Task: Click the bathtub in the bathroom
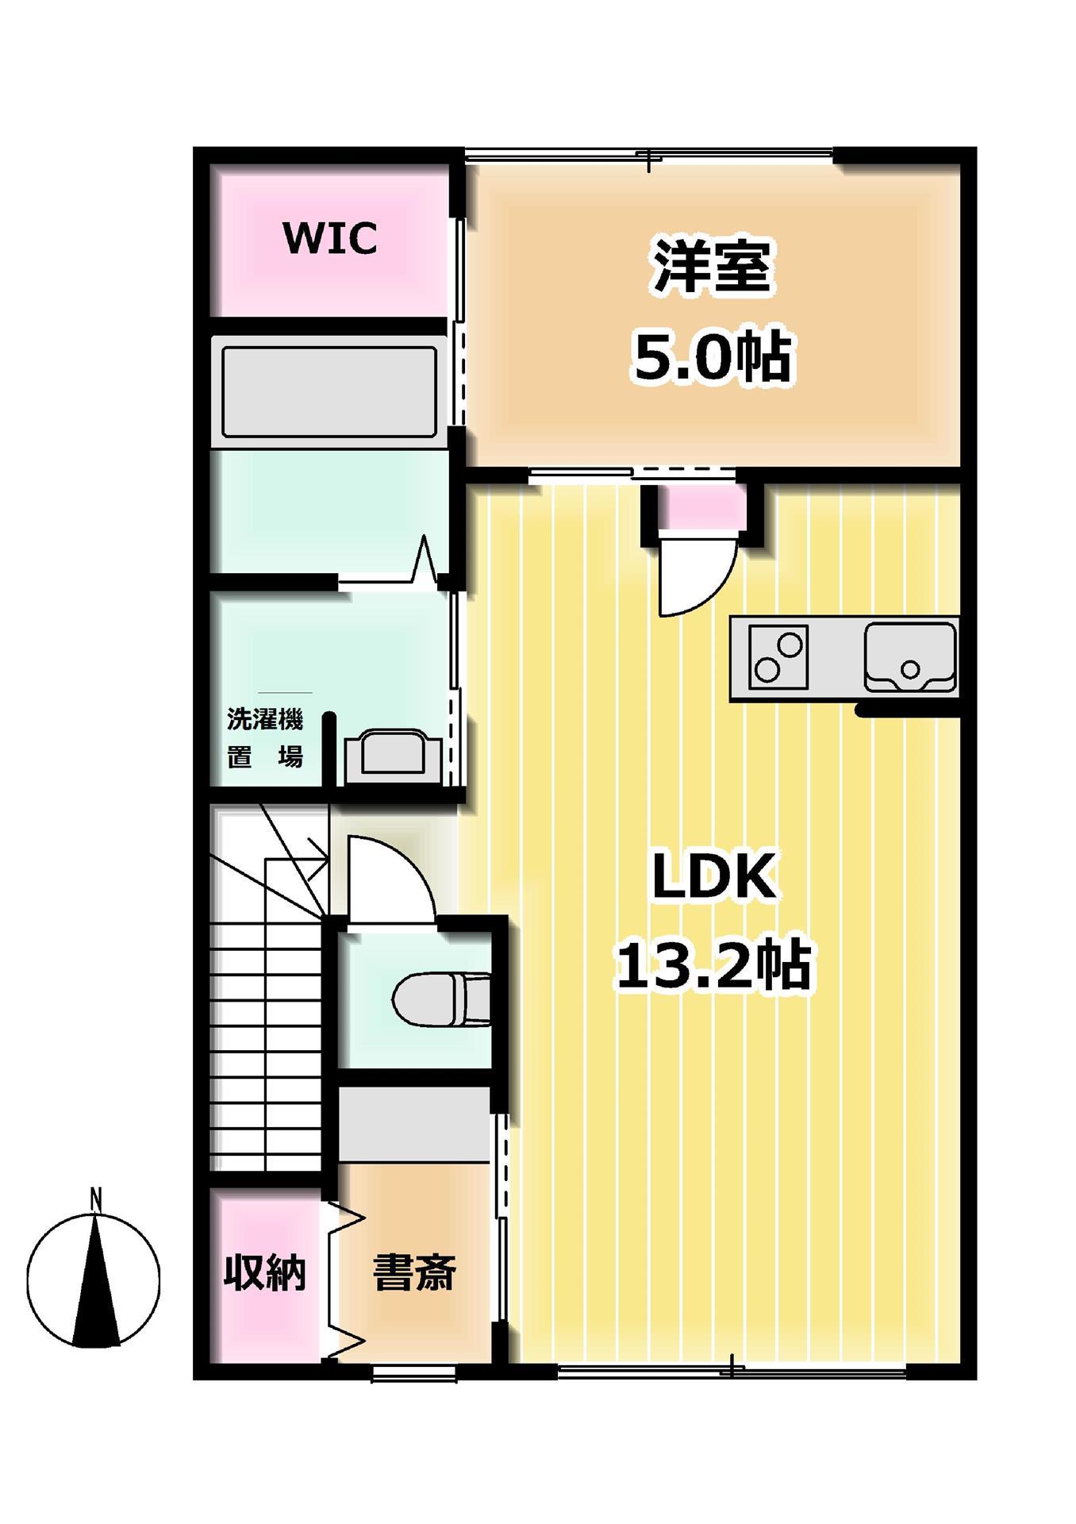(329, 392)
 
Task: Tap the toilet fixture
(441, 999)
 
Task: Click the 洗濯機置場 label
(265, 738)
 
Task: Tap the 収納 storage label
(264, 1273)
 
